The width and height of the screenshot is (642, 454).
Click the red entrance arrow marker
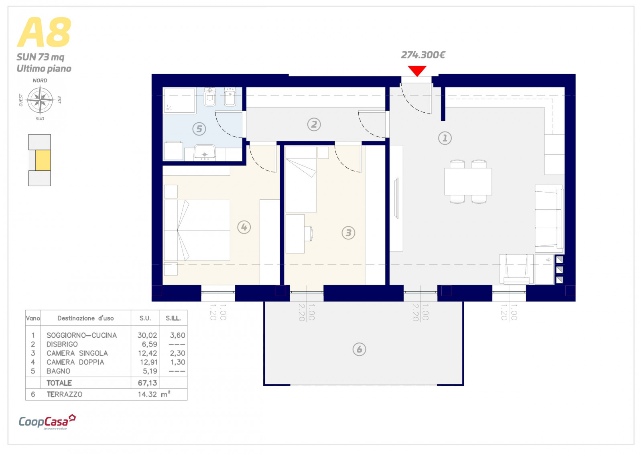(417, 71)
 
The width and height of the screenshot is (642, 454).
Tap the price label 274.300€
(423, 55)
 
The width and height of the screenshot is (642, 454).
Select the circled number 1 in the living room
(445, 138)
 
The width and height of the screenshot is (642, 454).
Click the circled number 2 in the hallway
(314, 125)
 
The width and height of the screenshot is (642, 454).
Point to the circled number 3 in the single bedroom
(349, 233)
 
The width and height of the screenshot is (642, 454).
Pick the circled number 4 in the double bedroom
(244, 227)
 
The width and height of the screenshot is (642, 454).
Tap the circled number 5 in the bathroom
(199, 129)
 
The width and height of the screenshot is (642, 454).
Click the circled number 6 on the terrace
(359, 349)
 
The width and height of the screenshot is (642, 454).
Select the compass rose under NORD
(40, 100)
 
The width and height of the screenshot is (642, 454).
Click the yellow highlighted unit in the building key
(43, 160)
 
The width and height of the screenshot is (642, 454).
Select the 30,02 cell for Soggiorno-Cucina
(147, 335)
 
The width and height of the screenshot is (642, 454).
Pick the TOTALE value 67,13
(147, 383)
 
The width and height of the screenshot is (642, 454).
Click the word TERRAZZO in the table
(65, 394)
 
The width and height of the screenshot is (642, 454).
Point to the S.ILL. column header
(173, 318)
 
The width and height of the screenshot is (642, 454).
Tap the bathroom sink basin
(205, 152)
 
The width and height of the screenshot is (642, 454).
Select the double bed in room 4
(197, 230)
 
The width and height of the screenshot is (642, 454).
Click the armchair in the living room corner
(516, 269)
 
